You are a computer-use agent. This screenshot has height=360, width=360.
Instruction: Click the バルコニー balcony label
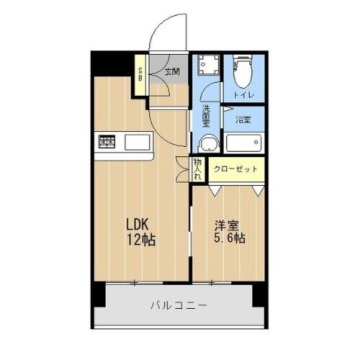[180, 305]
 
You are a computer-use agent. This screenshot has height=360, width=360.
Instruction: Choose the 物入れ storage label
[197, 169]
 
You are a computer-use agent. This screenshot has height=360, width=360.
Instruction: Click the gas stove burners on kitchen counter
[107, 140]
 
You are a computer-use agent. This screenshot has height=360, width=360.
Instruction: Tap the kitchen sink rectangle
[136, 140]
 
